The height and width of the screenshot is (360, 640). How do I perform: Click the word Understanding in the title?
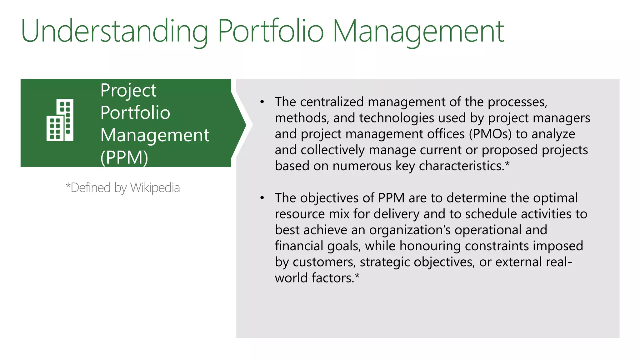click(114, 31)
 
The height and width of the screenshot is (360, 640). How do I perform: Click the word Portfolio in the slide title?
click(271, 31)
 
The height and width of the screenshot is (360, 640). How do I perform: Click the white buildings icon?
click(60, 120)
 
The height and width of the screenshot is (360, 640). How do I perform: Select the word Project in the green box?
click(128, 91)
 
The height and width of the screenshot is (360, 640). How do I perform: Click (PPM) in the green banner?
click(124, 157)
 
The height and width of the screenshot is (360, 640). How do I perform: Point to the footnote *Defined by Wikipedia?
click(123, 188)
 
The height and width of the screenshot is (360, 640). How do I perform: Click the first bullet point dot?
click(262, 102)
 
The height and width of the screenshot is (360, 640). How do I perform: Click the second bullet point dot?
click(262, 198)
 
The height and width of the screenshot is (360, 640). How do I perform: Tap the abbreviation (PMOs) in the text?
click(490, 134)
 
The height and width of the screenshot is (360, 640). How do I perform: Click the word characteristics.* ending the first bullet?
click(464, 166)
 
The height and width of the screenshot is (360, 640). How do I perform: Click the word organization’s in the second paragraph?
click(410, 230)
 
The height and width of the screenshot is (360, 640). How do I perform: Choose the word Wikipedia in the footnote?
click(155, 188)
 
